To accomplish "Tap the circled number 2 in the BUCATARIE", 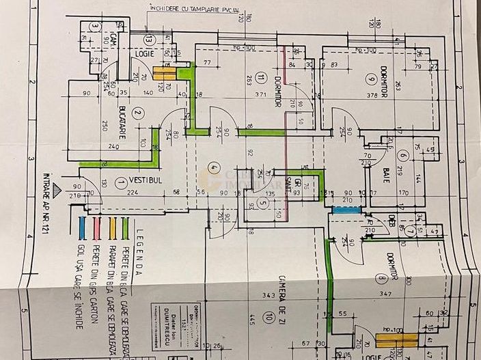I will click(137, 114).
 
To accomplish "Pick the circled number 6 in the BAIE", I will click(403, 156).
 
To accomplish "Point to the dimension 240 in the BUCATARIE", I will click(113, 146).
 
